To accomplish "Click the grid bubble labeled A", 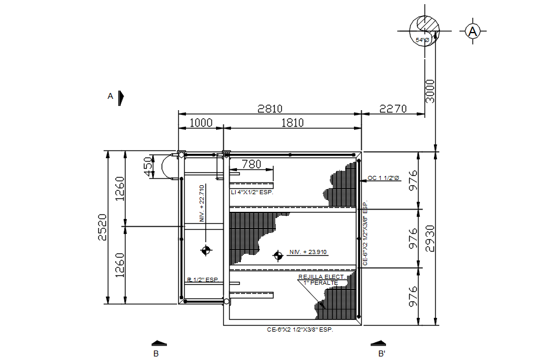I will coord(472,31).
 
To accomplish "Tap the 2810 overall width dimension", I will coord(270,108).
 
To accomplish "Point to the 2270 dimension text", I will coord(393,108).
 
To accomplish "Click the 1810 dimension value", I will coord(292,123).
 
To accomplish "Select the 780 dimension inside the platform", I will coord(250,163).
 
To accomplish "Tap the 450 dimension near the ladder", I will coord(147,166).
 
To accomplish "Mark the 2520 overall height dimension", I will coord(102,227).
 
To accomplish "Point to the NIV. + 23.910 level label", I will coord(307,252).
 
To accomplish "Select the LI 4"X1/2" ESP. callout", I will coord(252,192).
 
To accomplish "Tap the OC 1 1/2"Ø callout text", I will coord(383,178).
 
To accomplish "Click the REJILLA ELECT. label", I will coord(321,277).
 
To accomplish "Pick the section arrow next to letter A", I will coord(121,96).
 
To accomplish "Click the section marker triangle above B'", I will coord(378,342).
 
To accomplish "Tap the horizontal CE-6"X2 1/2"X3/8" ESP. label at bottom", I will coord(300,329).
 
